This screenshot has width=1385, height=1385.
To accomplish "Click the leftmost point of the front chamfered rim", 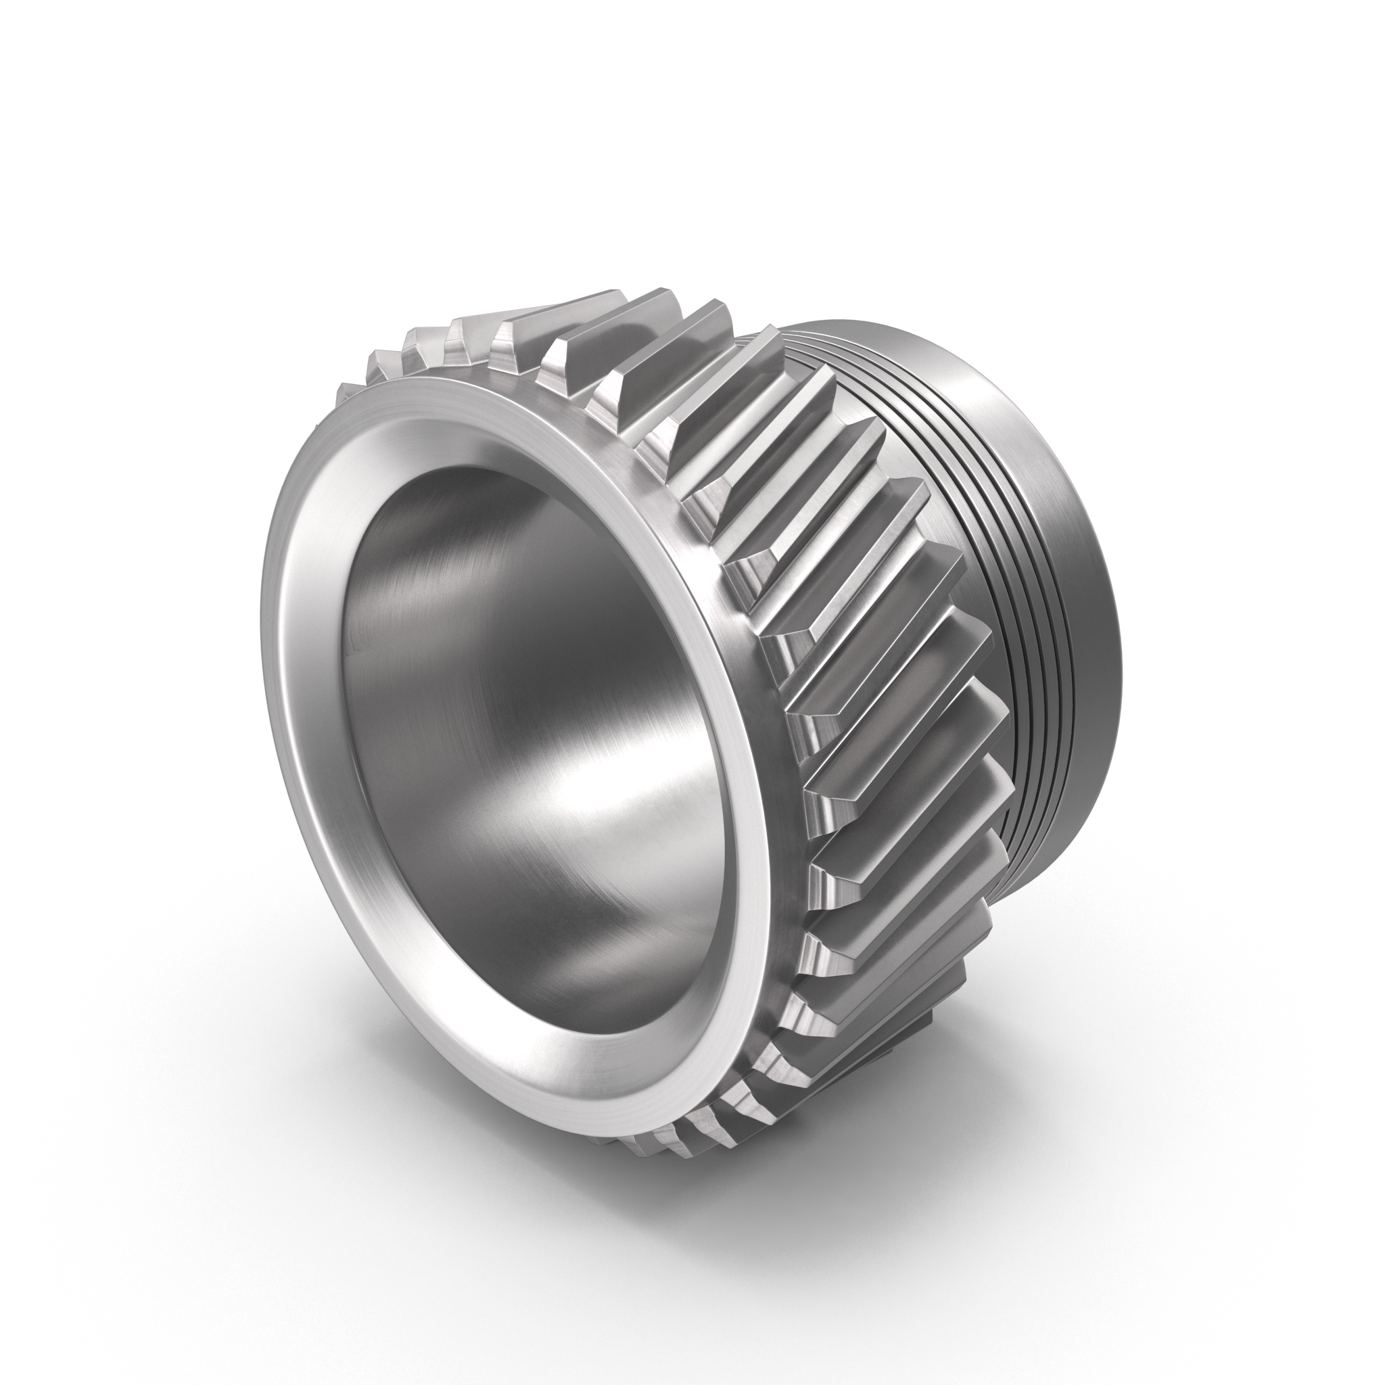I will [264, 717].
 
